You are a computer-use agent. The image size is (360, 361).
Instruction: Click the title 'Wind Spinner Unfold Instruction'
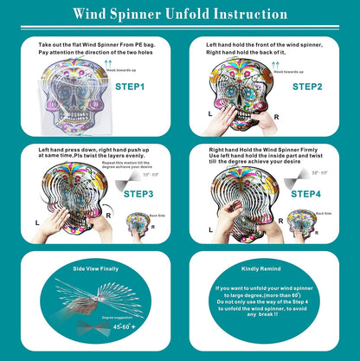[180, 15]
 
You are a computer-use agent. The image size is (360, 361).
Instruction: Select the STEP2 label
[306, 87]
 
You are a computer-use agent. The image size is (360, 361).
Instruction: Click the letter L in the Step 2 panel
[209, 113]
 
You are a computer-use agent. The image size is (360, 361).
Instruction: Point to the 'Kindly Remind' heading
[269, 270]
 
